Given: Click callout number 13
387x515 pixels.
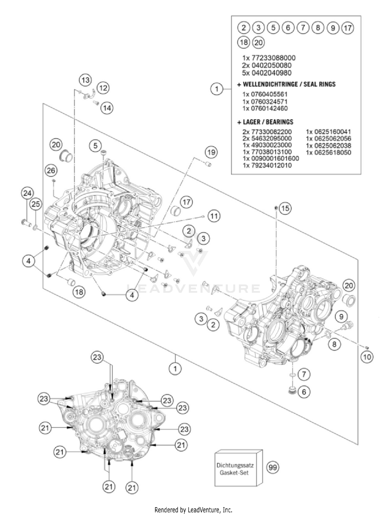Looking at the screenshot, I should (85, 80).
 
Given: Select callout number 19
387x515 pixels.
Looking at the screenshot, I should (211, 152).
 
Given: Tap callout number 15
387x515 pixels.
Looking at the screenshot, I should (285, 208).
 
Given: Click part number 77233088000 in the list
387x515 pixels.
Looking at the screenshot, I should (269, 58).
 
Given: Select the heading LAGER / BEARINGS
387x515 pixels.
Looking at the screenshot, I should (265, 122).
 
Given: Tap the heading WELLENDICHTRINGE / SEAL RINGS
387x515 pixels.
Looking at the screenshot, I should (286, 84).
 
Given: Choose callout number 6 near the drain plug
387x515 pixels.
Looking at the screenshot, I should (304, 392).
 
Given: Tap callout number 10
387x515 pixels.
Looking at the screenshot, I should (367, 357).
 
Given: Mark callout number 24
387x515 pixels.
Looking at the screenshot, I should (27, 193).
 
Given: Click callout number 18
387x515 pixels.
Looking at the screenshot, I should (79, 292).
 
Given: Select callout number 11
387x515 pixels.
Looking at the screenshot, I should (214, 216).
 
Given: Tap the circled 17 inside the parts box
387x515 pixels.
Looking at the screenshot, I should (348, 28).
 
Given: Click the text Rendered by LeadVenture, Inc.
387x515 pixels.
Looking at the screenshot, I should (193, 510).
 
